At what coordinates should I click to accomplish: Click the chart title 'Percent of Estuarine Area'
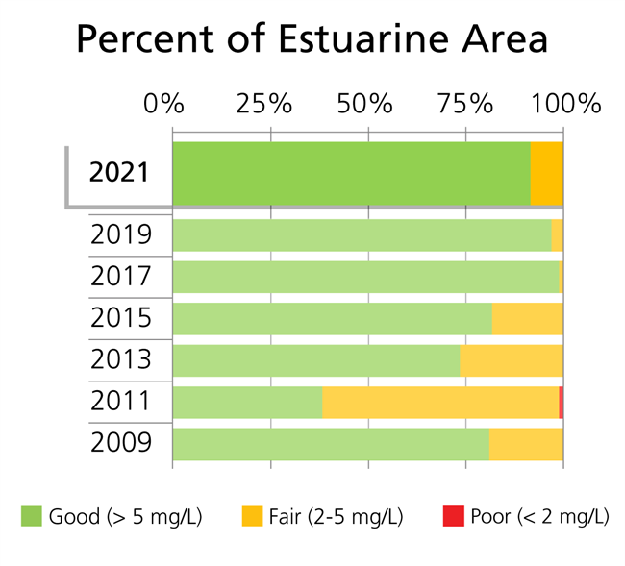pos(312,40)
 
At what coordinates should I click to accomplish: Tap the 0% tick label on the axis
pos(162,103)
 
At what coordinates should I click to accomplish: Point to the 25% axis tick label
pos(264,103)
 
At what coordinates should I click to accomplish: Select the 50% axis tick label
pos(365,103)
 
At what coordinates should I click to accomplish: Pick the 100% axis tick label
pos(568,103)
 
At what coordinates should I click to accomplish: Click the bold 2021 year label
pos(119,173)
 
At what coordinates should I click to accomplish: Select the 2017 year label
pos(120,277)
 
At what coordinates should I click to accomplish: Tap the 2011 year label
pos(120,402)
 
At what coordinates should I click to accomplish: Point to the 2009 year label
pos(120,443)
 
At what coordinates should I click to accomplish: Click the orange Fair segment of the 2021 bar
pos(546,173)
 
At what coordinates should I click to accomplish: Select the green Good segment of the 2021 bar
pos(351,173)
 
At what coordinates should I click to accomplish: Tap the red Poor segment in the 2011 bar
pos(561,403)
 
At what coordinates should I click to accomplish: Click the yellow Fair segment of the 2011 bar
pos(440,403)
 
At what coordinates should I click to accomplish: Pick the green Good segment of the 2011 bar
pos(247,403)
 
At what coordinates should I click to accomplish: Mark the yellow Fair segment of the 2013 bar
pos(511,360)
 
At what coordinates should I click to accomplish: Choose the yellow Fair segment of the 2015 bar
pos(527,319)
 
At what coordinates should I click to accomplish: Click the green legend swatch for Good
pos(32,517)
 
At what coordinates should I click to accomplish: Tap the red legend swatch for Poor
pos(453,517)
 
